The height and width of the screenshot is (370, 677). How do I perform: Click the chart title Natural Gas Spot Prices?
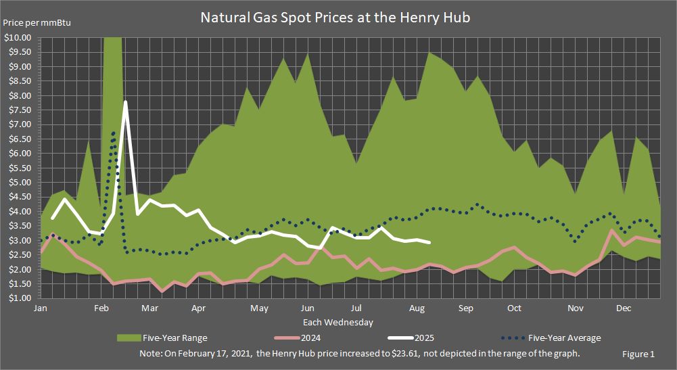tap(335, 18)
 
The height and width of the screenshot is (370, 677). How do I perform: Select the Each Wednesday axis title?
tap(337, 322)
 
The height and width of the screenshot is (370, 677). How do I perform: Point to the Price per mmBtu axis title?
tap(37, 23)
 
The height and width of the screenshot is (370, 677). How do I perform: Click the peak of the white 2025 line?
tap(126, 102)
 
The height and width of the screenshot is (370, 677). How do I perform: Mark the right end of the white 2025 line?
tap(429, 242)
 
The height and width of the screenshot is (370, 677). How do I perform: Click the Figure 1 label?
tap(638, 354)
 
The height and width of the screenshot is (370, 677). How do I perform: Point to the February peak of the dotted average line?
tap(114, 133)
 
